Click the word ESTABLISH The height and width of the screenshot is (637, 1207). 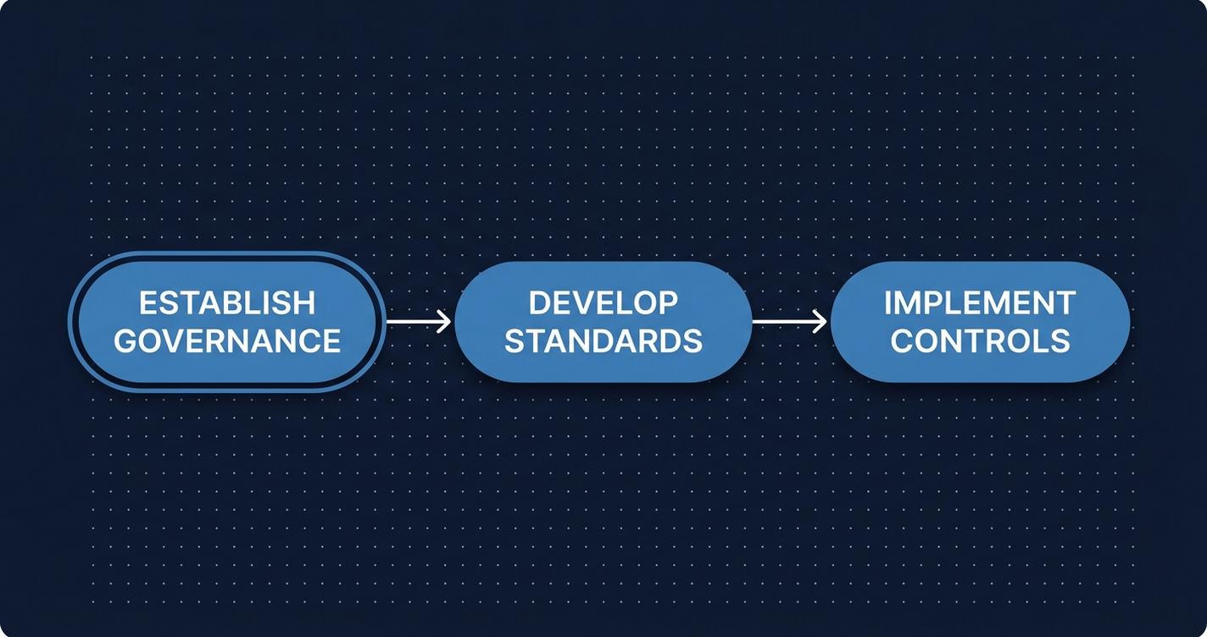click(x=227, y=303)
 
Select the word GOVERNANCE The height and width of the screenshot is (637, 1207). click(x=227, y=341)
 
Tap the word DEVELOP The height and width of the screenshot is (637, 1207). click(x=603, y=302)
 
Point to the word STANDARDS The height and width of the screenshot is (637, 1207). click(x=603, y=341)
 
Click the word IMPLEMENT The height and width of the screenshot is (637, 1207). click(x=980, y=302)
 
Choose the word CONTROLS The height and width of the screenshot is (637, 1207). click(x=980, y=341)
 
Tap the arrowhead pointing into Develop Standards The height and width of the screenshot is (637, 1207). click(x=444, y=322)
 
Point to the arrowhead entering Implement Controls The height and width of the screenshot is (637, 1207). click(x=820, y=322)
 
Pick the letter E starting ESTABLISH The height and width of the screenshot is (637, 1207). click(x=147, y=303)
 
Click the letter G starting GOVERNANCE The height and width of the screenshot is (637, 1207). click(x=126, y=341)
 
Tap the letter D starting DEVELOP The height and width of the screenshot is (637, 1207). click(x=540, y=302)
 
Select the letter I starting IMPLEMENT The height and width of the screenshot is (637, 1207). click(x=887, y=302)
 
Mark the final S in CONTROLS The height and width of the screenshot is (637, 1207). click(x=1060, y=341)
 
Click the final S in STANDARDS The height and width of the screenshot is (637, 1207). click(x=692, y=341)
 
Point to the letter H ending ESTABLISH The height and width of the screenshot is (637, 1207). click(x=303, y=303)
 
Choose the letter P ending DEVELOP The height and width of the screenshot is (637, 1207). click(x=668, y=302)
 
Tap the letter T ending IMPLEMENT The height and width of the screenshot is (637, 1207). click(x=1066, y=302)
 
